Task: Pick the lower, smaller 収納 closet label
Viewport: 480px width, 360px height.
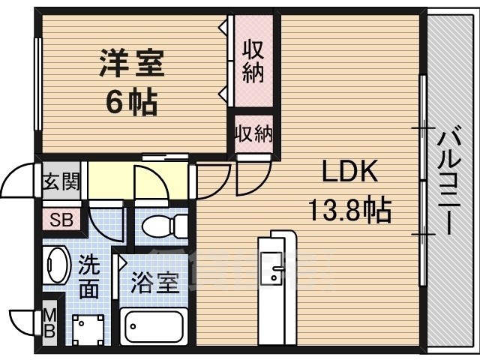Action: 253,135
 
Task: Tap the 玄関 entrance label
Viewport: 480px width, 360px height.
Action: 60,182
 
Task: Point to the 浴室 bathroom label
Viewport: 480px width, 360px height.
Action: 154,283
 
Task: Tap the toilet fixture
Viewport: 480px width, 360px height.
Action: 163,224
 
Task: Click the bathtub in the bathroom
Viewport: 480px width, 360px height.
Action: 155,327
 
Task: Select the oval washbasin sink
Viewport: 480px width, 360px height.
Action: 57,265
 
